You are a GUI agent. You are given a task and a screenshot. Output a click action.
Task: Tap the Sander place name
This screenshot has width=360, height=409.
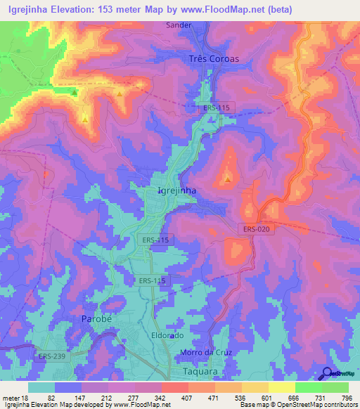[198, 25]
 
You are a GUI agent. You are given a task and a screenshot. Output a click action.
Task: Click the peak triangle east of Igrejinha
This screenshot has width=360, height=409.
[229, 179]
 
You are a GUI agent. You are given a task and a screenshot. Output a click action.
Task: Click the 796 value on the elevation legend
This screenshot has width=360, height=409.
[346, 397]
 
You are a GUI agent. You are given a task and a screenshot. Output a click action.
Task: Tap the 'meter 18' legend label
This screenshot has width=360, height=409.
[15, 397]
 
